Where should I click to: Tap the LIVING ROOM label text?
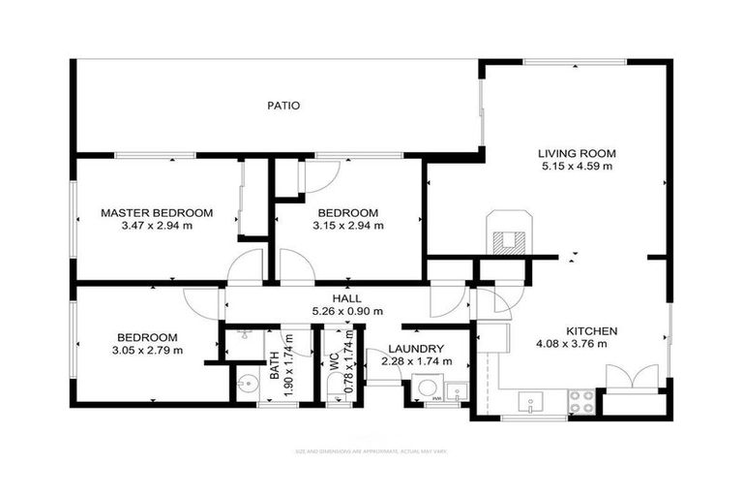pos(578,153)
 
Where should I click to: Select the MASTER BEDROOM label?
pos(157,212)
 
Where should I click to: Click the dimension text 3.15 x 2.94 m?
pos(348,226)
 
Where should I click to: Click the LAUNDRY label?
pos(416,349)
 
